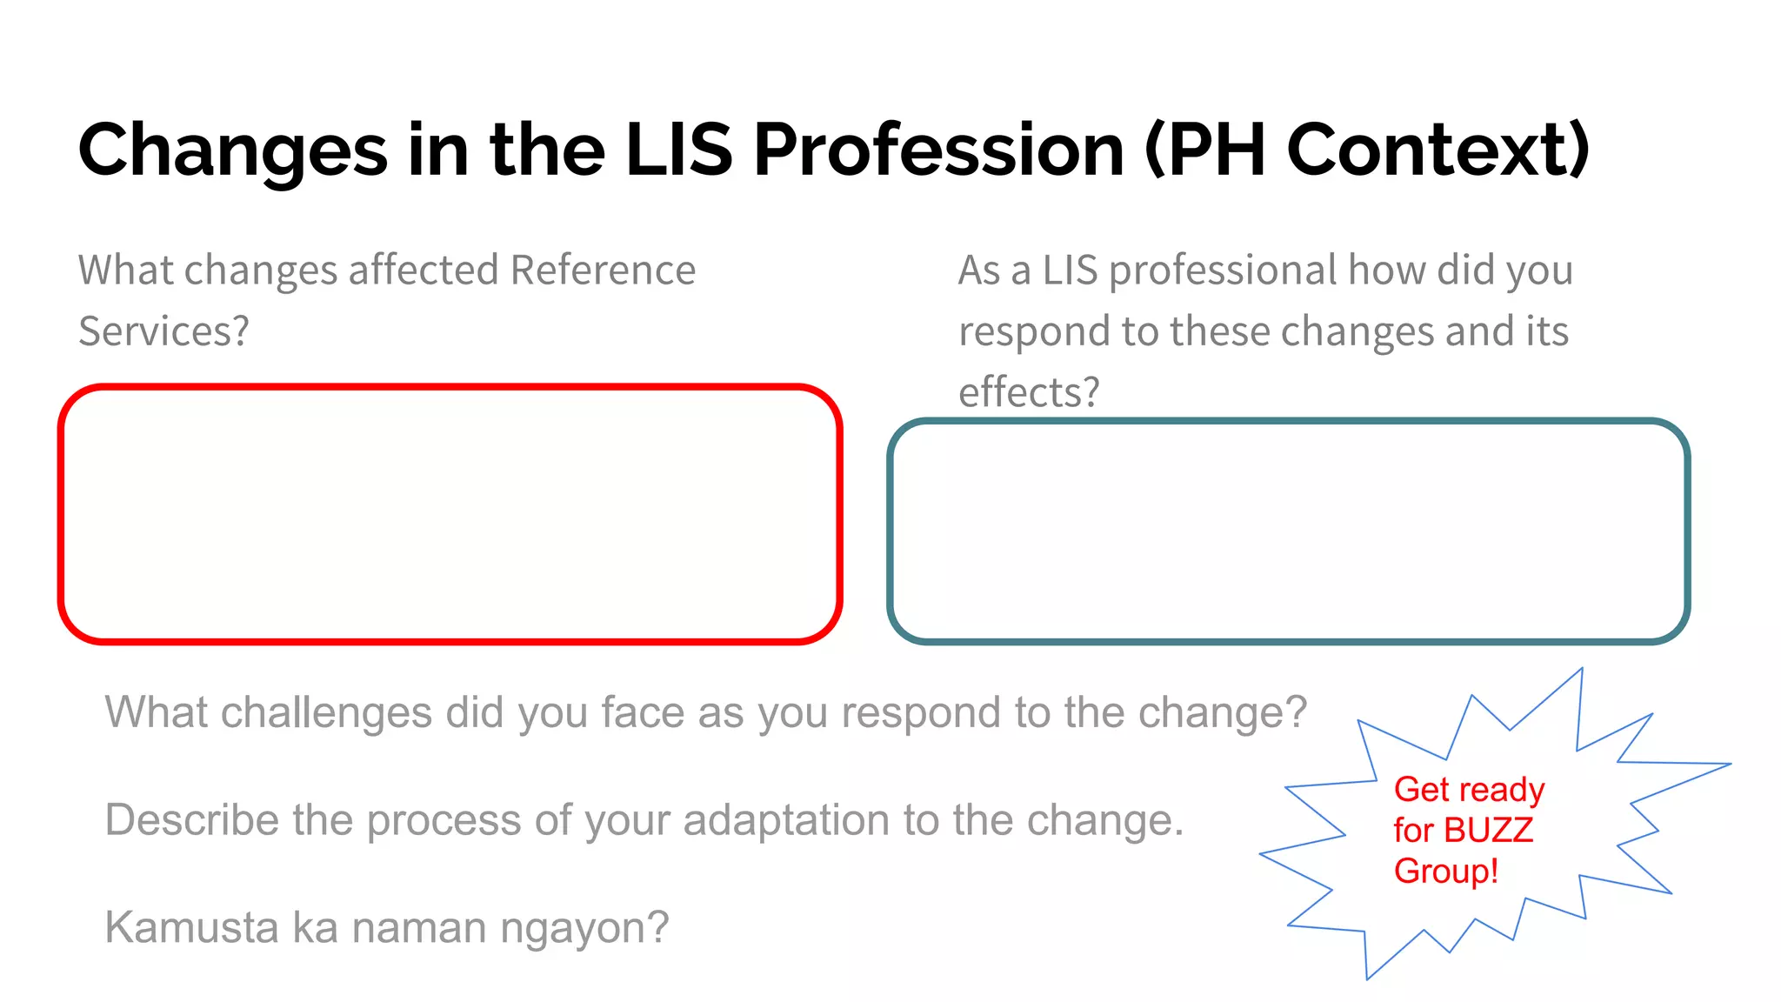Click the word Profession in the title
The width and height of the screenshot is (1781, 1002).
938,150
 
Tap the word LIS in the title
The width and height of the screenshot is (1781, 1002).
679,150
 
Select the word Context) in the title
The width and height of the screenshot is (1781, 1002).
1438,150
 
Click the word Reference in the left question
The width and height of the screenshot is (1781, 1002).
603,270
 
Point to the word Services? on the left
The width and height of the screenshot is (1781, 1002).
163,331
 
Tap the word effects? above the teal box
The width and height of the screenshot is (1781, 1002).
1029,392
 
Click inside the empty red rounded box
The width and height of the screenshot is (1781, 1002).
450,514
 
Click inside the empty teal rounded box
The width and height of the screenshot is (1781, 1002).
1288,531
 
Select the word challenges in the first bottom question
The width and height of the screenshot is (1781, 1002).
326,713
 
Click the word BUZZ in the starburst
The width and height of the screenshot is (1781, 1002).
1488,831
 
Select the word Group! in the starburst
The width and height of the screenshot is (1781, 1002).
1445,872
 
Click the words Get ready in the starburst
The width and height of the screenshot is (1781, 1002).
1469,790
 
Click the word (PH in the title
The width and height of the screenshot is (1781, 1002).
1204,150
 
